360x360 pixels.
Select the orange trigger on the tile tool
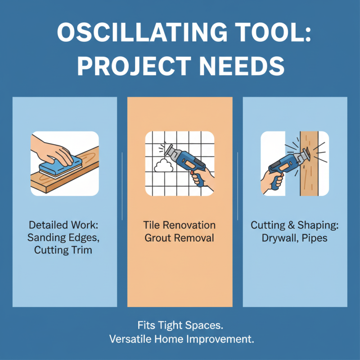click(x=191, y=169)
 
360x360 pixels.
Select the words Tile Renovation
click(x=180, y=225)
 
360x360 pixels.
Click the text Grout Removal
click(x=180, y=237)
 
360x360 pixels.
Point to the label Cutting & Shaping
click(x=295, y=225)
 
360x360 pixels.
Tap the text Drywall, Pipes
click(x=295, y=237)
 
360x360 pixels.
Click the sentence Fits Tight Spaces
click(x=180, y=324)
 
